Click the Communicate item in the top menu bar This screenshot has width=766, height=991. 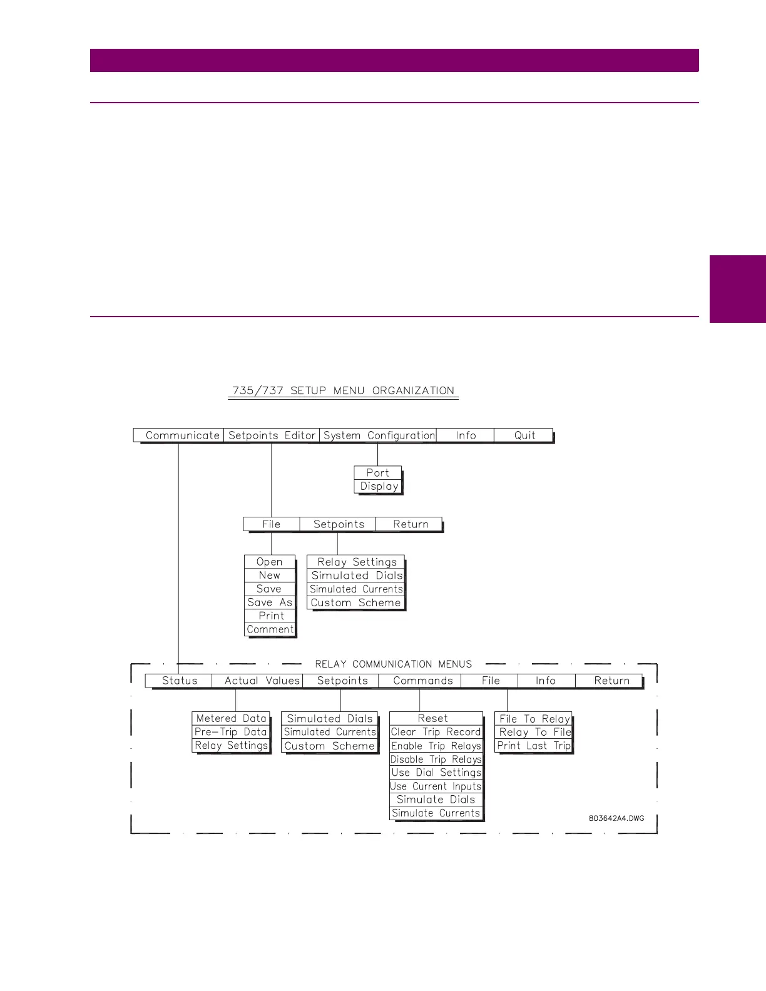coord(182,435)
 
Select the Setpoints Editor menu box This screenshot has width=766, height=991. coord(272,435)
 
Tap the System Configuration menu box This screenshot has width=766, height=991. coord(379,435)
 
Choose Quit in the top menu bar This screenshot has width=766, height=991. coord(524,435)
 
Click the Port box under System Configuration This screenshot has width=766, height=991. coord(377,473)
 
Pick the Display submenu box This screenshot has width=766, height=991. coord(379,486)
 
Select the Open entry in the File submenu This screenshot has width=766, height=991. coord(269,562)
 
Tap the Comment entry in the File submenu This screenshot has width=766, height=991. coord(270,629)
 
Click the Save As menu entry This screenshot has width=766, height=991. coord(270,602)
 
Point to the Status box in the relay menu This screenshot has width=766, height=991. coord(180,681)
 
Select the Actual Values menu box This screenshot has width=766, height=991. coord(262,681)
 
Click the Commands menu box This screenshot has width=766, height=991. coord(423,681)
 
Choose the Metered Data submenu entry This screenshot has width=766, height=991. coord(231,719)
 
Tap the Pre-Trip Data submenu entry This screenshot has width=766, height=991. coord(231,732)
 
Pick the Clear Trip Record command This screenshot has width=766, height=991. coord(436,732)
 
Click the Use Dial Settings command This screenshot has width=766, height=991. coord(436,773)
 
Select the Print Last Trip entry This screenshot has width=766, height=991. coord(534,746)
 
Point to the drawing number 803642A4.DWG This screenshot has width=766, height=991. coord(616,818)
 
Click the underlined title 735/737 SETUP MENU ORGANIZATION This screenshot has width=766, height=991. coord(343,391)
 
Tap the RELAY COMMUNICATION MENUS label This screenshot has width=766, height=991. coord(394,664)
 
